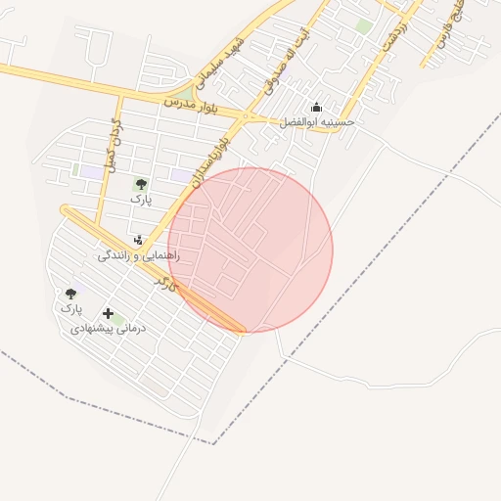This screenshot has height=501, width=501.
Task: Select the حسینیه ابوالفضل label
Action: click(x=317, y=122)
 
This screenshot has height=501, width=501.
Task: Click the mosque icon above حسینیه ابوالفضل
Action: click(x=316, y=108)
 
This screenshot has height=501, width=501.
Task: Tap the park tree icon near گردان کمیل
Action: click(x=141, y=183)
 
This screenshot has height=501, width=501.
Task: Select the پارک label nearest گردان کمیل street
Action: click(x=141, y=198)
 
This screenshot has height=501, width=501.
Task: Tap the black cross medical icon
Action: click(x=107, y=314)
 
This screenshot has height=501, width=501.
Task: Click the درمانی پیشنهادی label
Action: click(x=108, y=330)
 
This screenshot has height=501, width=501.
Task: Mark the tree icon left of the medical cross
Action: click(x=70, y=293)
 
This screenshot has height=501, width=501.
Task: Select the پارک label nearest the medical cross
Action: click(x=70, y=308)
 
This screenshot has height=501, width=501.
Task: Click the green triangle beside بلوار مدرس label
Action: click(x=185, y=93)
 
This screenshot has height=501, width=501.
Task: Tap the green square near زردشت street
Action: click(x=364, y=26)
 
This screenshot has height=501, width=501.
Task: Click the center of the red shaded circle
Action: click(x=250, y=250)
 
